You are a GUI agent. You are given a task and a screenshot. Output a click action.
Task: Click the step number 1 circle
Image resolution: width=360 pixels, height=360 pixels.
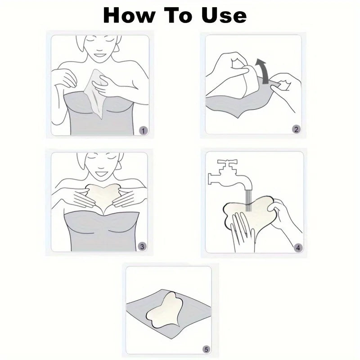coord(143,130)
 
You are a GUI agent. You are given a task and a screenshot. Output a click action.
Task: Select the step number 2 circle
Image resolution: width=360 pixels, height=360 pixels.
coord(296,130)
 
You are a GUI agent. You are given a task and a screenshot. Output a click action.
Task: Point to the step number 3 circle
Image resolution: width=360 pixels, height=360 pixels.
coord(142,246)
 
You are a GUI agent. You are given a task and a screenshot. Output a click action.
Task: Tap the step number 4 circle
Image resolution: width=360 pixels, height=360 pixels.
coord(297,247)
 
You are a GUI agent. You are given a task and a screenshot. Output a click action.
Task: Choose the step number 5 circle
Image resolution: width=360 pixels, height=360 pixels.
coord(207,349)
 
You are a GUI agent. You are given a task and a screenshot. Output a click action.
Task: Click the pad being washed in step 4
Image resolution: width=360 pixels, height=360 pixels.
coord(252,216)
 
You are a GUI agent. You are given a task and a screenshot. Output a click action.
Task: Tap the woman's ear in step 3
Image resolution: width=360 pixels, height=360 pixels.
coord(118,164)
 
